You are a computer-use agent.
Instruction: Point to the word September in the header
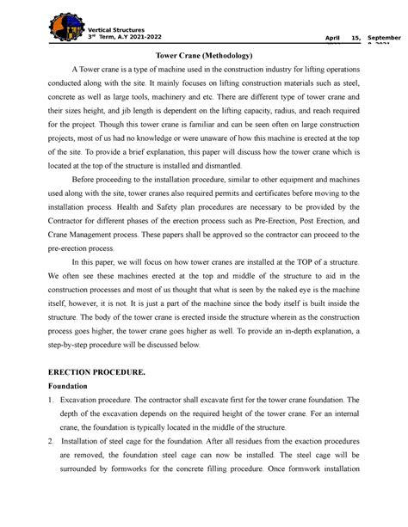384,39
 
